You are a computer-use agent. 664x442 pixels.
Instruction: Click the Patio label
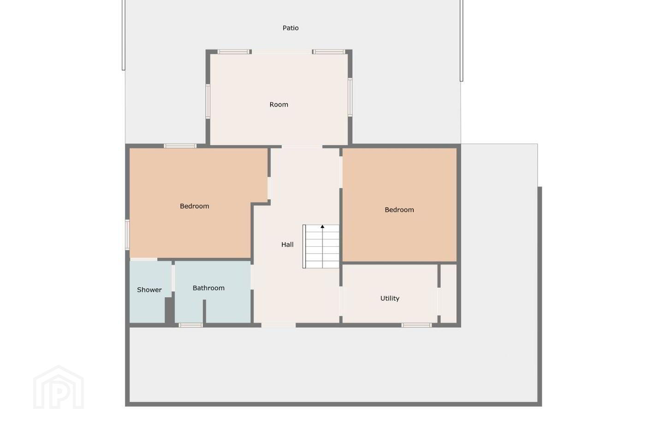tap(290, 28)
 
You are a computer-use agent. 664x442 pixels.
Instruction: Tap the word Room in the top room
tap(279, 105)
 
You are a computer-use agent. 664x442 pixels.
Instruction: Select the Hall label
tap(287, 244)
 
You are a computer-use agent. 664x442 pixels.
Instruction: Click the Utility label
tap(390, 298)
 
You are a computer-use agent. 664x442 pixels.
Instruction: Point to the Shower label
tap(149, 290)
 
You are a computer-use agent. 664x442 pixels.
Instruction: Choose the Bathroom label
tap(208, 288)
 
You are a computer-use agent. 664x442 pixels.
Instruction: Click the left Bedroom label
tap(195, 206)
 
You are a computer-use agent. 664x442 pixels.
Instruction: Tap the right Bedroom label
tap(399, 209)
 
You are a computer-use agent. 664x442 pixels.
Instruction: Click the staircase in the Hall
tap(321, 246)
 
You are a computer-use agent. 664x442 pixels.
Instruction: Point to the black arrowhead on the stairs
tap(322, 227)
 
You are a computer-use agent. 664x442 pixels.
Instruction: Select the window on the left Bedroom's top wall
tap(180, 146)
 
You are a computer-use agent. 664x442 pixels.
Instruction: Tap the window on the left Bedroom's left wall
tap(127, 235)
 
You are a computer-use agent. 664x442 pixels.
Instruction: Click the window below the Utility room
tap(416, 326)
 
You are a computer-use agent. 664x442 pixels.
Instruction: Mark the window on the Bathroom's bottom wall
tap(190, 326)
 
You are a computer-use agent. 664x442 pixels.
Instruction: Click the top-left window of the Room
tap(234, 52)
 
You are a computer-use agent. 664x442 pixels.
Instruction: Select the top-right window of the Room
tap(329, 52)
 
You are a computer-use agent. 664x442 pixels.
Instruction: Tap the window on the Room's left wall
tap(208, 101)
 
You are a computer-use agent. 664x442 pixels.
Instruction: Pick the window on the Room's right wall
tap(350, 97)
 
